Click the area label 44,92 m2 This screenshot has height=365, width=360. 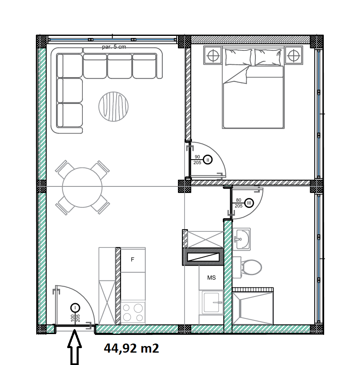click(x=131, y=349)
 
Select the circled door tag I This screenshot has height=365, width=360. click(x=75, y=308)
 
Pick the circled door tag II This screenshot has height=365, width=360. click(x=208, y=160)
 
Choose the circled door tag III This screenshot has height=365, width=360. click(x=249, y=203)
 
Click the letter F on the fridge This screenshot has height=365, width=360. click(x=133, y=259)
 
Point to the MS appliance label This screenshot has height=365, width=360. click(x=211, y=278)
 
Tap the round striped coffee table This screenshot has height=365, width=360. click(x=113, y=107)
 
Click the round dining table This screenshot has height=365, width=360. click(x=82, y=187)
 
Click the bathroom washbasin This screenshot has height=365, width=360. click(x=242, y=239)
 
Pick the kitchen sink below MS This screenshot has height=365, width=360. click(x=211, y=302)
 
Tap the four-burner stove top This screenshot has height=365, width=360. click(x=133, y=313)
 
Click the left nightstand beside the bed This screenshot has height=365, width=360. click(x=213, y=55)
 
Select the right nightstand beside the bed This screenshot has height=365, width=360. click(x=294, y=55)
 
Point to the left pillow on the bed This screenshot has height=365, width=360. click(x=238, y=57)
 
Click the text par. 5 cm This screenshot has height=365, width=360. click(x=114, y=47)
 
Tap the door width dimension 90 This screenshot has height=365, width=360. click(x=197, y=157)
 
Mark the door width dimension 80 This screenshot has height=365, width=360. click(x=238, y=200)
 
